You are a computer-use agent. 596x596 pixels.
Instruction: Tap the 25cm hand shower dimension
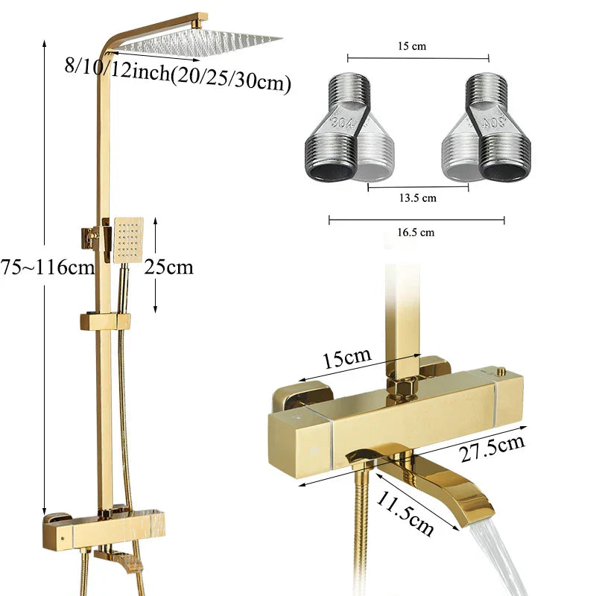point(169,266)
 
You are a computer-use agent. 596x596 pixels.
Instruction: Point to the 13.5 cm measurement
point(418,197)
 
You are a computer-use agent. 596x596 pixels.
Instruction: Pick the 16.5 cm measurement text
point(416,232)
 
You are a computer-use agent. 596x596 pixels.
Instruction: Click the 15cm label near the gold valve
point(346,359)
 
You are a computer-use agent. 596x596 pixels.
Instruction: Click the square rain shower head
point(201,42)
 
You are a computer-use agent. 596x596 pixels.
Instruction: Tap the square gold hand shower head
point(128,240)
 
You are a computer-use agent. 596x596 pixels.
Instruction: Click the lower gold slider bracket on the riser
point(105,322)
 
